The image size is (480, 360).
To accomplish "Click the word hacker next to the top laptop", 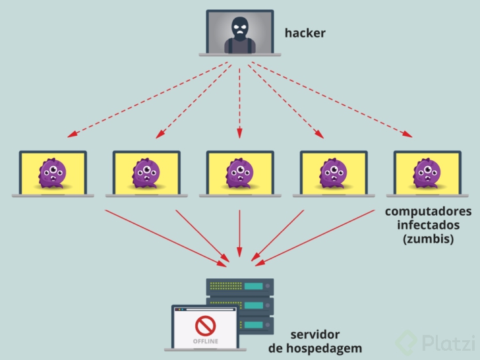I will click(x=305, y=32).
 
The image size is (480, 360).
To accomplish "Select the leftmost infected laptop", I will click(x=52, y=173).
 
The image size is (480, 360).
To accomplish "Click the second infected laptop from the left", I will click(x=146, y=173).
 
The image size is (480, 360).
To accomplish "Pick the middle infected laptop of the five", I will click(x=239, y=173).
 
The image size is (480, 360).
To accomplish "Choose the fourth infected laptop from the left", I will click(x=333, y=173).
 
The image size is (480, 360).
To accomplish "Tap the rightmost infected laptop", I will click(x=427, y=173).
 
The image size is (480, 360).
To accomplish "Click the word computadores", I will click(x=428, y=212).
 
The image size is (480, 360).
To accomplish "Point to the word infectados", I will click(x=429, y=225).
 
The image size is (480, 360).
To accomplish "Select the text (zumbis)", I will click(x=429, y=239).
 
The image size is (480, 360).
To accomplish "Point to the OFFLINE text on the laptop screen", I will click(x=206, y=342).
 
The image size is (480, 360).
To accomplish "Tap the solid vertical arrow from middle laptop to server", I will click(x=239, y=234).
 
